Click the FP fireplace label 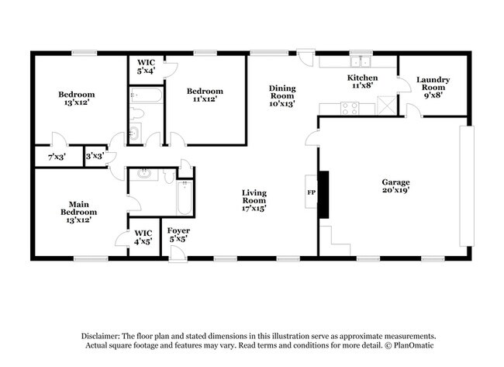point(312,191)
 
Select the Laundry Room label point(433,84)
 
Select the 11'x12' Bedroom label point(204,95)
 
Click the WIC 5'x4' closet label point(146,65)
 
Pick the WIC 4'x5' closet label point(143,237)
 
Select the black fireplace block point(325,191)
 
